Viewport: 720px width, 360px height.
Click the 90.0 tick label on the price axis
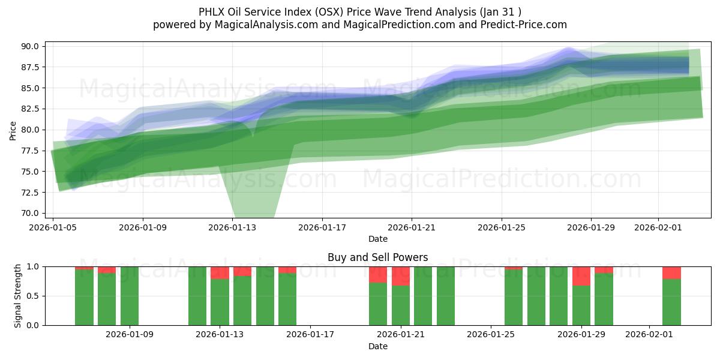(30, 46)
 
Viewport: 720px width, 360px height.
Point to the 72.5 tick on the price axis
(30, 193)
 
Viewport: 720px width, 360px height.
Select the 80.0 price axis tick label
(30, 130)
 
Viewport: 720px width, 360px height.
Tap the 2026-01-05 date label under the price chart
(53, 228)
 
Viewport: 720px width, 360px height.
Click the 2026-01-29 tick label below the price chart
(591, 228)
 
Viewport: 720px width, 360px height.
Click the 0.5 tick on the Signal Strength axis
(34, 296)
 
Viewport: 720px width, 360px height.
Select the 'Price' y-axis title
(13, 130)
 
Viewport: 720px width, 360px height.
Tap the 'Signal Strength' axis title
(18, 296)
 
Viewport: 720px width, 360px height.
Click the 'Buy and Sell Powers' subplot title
(377, 257)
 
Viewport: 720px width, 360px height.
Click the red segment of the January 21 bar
(401, 276)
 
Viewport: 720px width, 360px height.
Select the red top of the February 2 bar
(671, 272)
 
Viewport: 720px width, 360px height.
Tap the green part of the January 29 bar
(581, 306)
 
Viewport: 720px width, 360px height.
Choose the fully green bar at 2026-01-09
(130, 296)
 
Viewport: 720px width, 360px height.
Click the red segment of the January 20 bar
(378, 274)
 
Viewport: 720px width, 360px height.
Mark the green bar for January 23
(446, 296)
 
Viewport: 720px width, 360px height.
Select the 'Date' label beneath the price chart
(377, 239)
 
